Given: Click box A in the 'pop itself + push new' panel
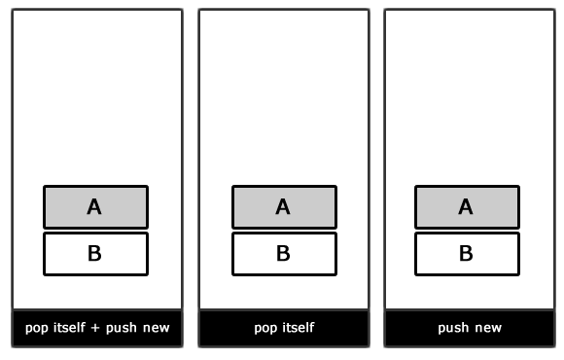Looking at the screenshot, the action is coord(95,206).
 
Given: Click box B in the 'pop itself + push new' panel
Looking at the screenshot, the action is coord(95,254).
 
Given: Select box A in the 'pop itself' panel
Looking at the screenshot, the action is coord(284,206).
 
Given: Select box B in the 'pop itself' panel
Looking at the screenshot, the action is coord(284,254).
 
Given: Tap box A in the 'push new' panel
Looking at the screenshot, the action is coord(467,206).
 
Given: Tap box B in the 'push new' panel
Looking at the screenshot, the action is coord(467,254).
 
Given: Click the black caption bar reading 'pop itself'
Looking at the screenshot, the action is coord(284,328).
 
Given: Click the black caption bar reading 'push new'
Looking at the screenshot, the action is coord(470,328).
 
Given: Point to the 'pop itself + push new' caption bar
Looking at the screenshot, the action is coord(97,328).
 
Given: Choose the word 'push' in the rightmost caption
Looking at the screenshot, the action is coord(453,328).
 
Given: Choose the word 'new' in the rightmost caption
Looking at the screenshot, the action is coord(489,329).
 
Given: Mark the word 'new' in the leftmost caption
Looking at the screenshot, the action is coord(157,329).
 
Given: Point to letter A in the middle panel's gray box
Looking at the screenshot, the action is coord(283,206).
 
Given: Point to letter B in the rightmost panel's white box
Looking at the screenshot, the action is coord(467,254).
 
